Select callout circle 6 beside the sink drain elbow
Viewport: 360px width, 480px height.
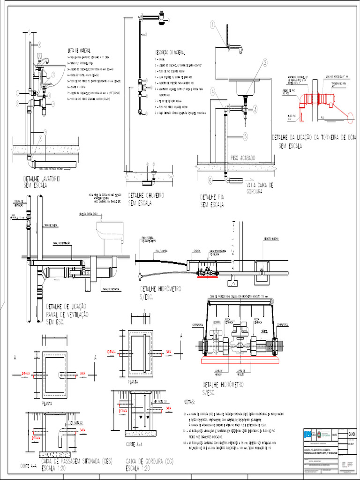210,180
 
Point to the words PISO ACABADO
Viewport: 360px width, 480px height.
243,158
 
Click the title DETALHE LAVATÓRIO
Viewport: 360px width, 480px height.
42,179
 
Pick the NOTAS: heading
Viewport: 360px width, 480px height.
188,403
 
